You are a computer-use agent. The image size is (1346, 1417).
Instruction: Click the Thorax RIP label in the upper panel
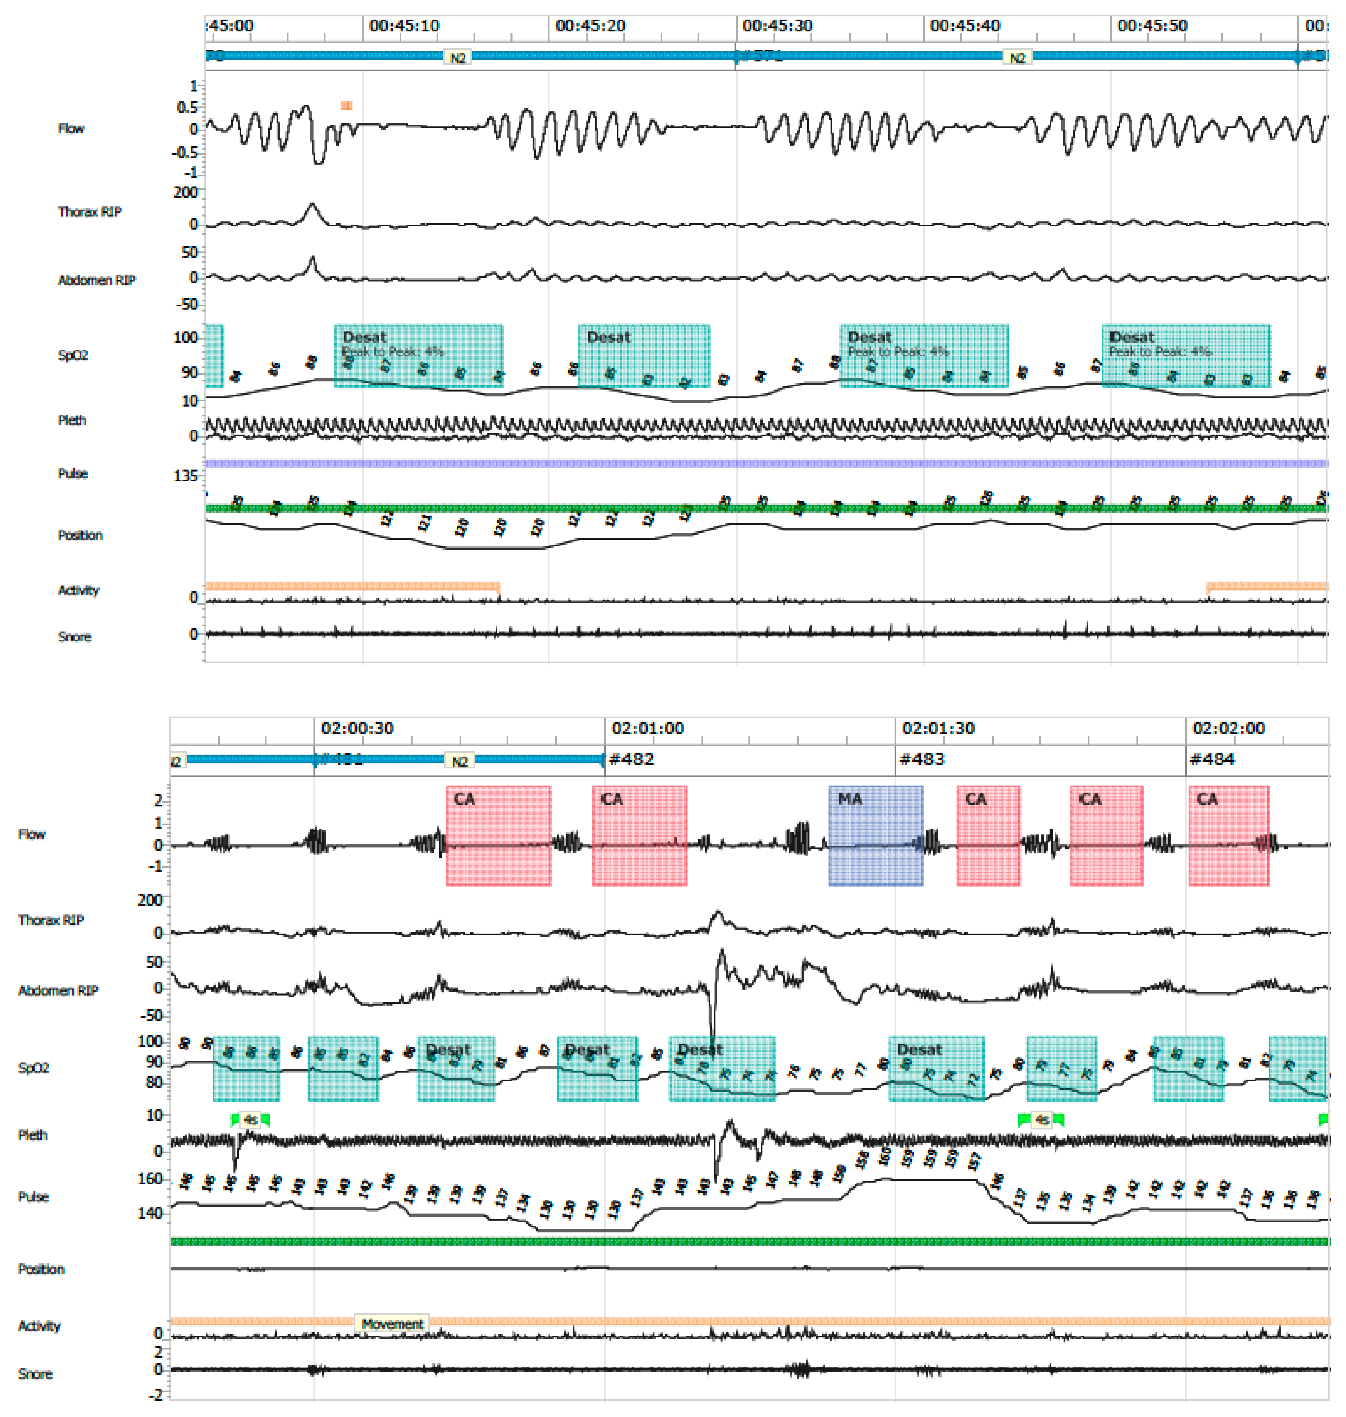[90, 212]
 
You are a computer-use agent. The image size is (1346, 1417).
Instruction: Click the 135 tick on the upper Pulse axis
[185, 476]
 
